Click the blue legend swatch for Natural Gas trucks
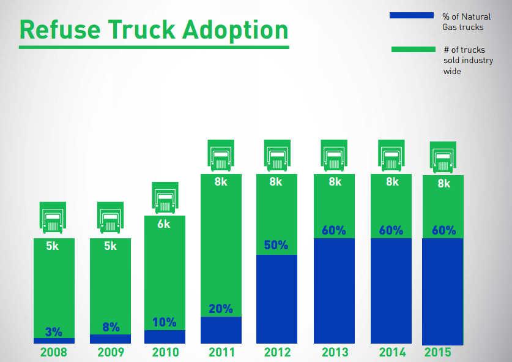pyautogui.click(x=411, y=15)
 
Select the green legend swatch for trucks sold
pyautogui.click(x=411, y=49)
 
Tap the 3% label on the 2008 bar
pyautogui.click(x=54, y=332)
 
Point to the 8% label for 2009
pyautogui.click(x=111, y=327)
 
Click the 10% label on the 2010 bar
pyautogui.click(x=165, y=322)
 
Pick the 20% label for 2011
pyautogui.click(x=221, y=309)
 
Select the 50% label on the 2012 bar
pyautogui.click(x=276, y=245)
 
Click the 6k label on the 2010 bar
pyautogui.click(x=164, y=224)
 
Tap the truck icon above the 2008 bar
pyautogui.click(x=53, y=217)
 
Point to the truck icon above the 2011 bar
pyautogui.click(x=220, y=156)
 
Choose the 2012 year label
pyautogui.click(x=277, y=352)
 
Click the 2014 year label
pyautogui.click(x=392, y=352)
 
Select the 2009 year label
pyautogui.click(x=111, y=352)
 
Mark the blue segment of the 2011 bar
pyautogui.click(x=221, y=331)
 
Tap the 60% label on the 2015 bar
pyautogui.click(x=443, y=231)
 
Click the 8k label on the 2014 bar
pyautogui.click(x=391, y=182)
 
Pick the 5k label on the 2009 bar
pyautogui.click(x=110, y=246)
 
